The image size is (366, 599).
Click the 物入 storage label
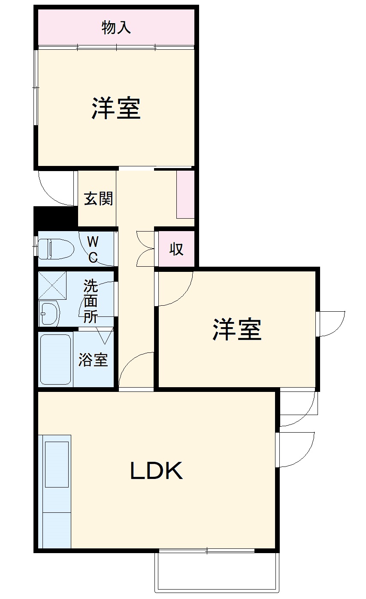coord(116,28)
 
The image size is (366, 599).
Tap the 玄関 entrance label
coord(98,199)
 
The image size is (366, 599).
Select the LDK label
coord(157,471)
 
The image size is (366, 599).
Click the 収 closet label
coord(176,249)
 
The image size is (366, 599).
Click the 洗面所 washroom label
coord(91,301)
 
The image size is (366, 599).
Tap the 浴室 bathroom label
coord(93,360)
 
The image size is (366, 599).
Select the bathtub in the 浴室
coord(55,359)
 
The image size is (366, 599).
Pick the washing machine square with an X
coord(53,286)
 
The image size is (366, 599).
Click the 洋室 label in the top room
coord(116,108)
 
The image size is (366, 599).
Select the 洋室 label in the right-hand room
coord(237,330)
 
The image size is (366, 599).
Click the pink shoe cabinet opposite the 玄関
coord(185,194)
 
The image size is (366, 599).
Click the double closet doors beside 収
coord(145,249)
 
